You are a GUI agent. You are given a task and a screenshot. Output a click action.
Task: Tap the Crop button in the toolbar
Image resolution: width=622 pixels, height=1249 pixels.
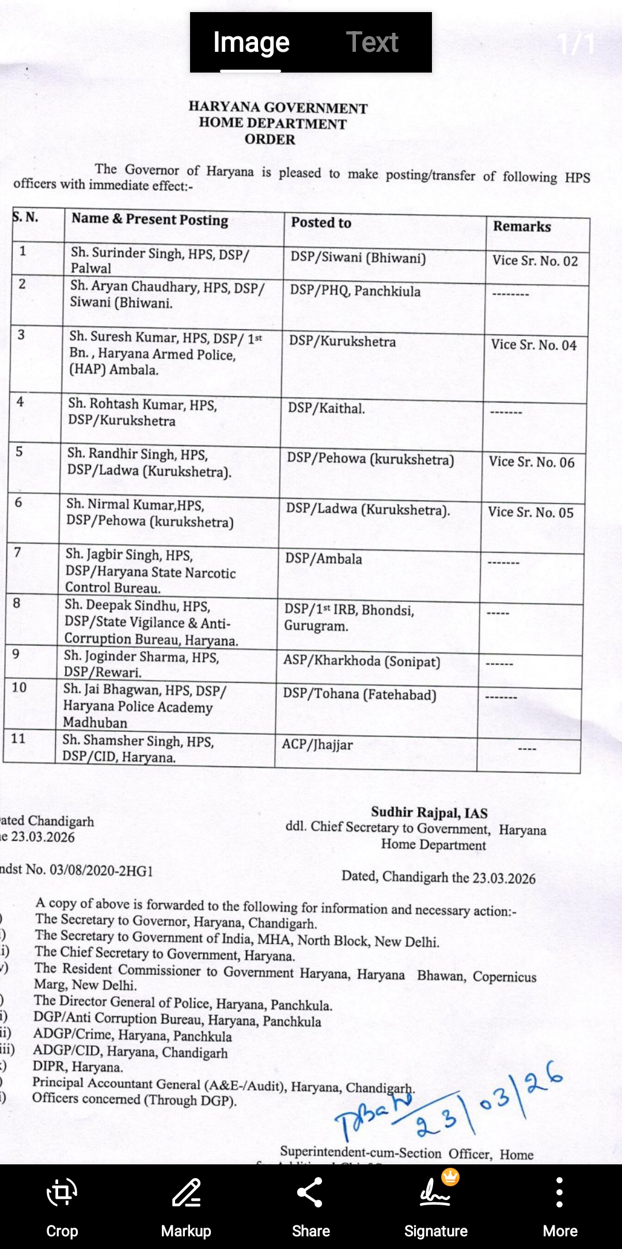click(x=62, y=1206)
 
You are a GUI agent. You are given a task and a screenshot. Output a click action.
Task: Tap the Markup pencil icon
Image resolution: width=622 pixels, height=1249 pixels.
click(x=186, y=1206)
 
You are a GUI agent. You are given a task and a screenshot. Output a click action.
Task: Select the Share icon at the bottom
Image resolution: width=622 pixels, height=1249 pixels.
click(x=310, y=1206)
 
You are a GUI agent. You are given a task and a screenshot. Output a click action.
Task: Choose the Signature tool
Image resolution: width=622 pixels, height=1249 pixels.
click(x=435, y=1206)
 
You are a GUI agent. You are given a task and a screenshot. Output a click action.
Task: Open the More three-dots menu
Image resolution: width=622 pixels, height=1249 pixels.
click(x=559, y=1206)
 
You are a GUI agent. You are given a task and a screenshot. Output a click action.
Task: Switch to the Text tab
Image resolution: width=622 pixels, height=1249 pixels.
click(x=372, y=43)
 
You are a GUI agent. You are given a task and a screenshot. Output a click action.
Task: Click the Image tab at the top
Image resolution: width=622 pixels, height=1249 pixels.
click(x=251, y=43)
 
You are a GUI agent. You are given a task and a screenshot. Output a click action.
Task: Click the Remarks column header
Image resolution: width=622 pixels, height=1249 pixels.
click(x=522, y=226)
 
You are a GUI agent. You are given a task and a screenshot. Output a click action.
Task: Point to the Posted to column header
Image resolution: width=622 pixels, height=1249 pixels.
click(x=321, y=223)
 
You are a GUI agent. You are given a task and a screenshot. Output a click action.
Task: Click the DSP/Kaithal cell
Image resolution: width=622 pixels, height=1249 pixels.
click(x=326, y=409)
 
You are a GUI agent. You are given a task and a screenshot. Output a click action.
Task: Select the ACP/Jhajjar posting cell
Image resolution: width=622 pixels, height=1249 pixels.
click(x=317, y=745)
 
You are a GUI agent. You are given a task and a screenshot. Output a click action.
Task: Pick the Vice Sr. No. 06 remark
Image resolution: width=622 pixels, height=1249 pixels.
click(x=532, y=462)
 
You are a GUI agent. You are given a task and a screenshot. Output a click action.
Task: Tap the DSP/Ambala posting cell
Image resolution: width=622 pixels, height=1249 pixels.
click(x=324, y=559)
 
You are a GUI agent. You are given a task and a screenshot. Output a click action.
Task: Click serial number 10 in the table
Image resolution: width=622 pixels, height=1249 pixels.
click(x=19, y=688)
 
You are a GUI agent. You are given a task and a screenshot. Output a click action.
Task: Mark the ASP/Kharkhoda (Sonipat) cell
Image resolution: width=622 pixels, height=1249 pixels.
click(x=361, y=661)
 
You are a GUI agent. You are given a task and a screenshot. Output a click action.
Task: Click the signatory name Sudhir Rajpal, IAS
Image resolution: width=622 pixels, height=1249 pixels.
click(x=429, y=813)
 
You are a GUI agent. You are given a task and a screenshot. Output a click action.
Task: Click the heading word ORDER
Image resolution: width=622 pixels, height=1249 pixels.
click(x=270, y=139)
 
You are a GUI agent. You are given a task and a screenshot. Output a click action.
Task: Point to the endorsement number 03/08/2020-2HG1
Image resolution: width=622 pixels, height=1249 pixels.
click(x=101, y=870)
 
